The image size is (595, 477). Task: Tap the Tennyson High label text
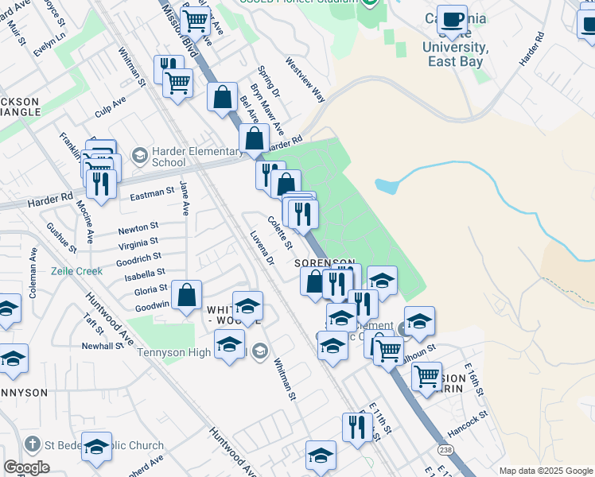pos(173,352)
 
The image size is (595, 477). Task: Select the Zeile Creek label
pos(77,270)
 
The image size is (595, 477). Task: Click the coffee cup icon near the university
pos(453,20)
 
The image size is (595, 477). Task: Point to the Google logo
pos(26,467)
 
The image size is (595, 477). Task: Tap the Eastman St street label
pos(151,192)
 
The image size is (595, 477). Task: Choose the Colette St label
pos(280,231)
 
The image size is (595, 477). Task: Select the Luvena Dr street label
pos(261,249)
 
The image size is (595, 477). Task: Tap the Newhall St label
pos(101,346)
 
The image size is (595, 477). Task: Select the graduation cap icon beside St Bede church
pos(96,448)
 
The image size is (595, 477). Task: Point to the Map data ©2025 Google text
pos(545,471)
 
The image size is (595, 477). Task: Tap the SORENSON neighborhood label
pos(324,262)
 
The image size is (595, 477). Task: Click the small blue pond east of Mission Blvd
pos(385,187)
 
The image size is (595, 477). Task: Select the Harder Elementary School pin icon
pos(140,153)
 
